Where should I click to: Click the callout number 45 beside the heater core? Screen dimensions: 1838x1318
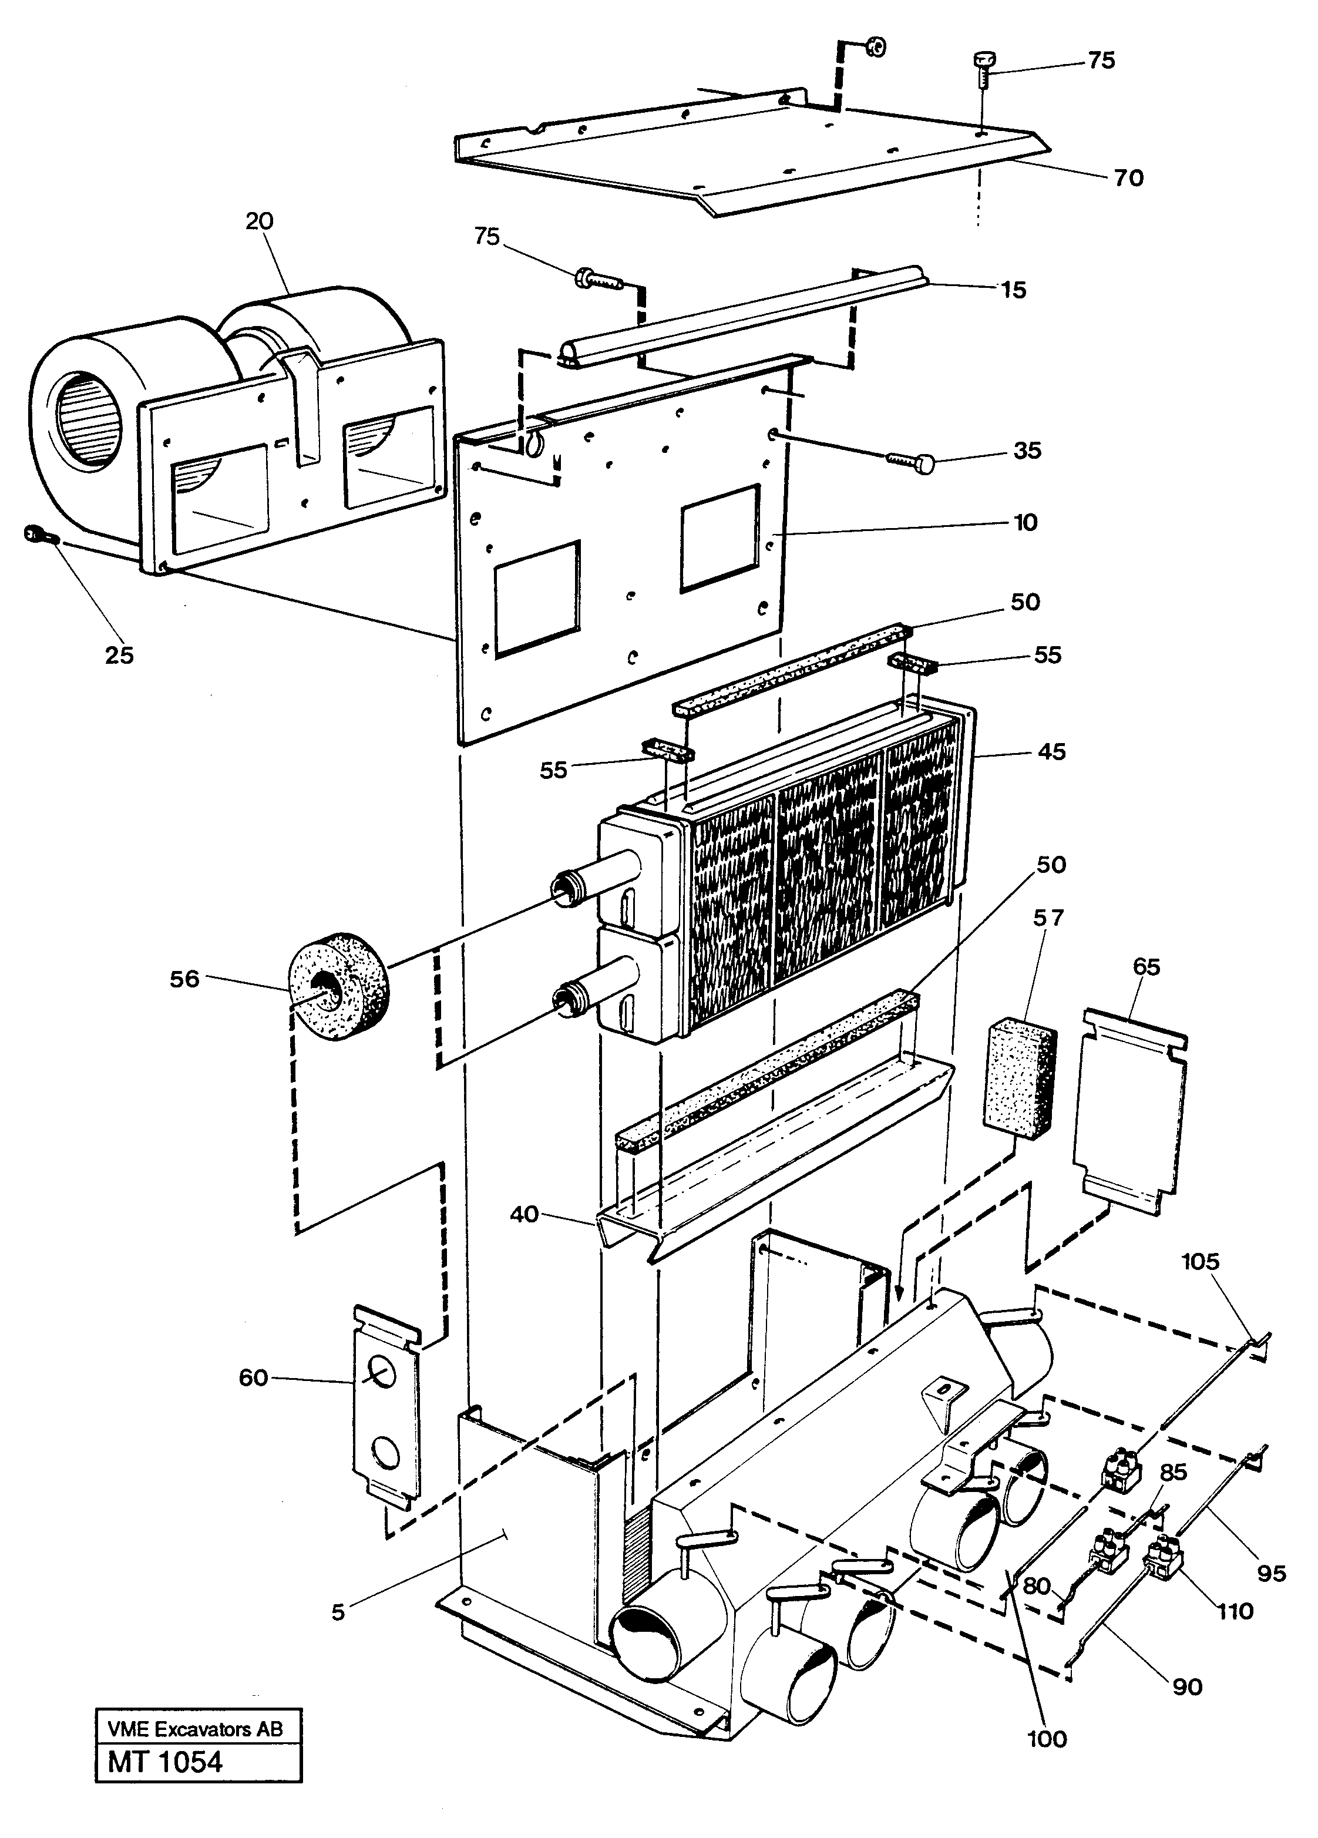[x=1051, y=751]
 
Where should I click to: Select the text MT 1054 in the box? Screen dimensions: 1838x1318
[x=165, y=1761]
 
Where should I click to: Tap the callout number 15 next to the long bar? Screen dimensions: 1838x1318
[x=1013, y=290]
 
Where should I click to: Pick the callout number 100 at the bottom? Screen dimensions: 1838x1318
[x=1047, y=1738]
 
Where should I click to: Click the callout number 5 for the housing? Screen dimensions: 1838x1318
[x=338, y=1612]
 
